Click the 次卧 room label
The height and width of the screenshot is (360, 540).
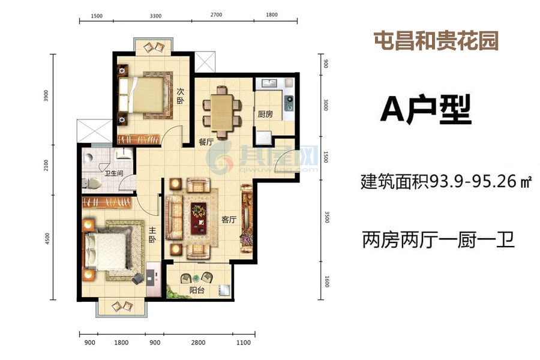pos(181,96)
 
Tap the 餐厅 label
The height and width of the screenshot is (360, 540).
pos(206,142)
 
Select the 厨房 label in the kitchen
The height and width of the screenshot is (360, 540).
pos(265,114)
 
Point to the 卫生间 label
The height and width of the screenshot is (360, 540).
pos(114,173)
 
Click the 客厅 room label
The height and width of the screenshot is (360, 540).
pos(229,220)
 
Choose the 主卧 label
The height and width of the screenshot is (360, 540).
pos(152,234)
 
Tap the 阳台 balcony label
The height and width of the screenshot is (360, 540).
pos(197,290)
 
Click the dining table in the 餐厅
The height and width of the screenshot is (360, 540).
pos(222,113)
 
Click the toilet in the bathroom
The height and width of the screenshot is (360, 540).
pos(92,184)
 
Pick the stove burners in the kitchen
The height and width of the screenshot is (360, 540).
pos(289,103)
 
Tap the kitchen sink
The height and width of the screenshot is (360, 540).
pos(269,83)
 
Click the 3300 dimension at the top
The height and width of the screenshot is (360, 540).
pos(155,16)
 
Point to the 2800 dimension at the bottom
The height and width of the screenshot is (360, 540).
pos(198,343)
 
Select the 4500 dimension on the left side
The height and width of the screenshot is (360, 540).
pos(47,239)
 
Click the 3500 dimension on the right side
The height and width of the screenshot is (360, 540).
pos(327,217)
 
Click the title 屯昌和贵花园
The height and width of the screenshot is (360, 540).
pos(436,41)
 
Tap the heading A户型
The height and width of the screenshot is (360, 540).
pos(425,110)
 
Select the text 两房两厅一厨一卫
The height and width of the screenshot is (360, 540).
pos(438,240)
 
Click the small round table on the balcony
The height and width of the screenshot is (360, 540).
pos(196,277)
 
